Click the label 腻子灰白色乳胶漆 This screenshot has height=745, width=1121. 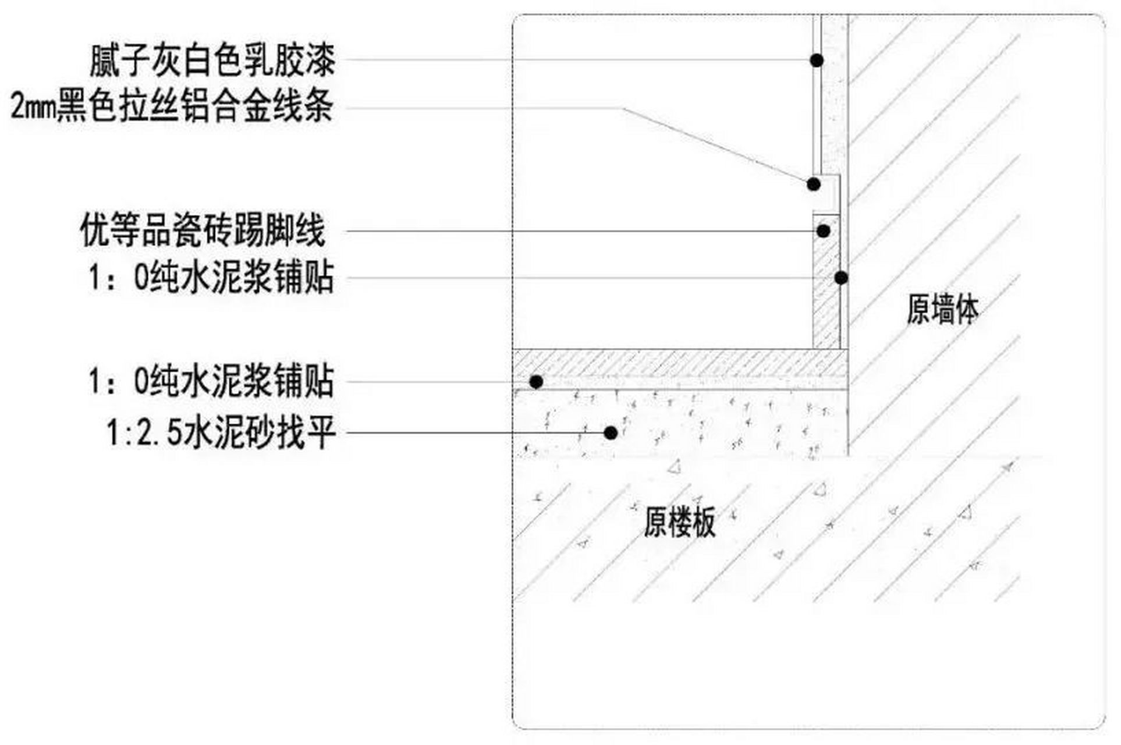(x=212, y=61)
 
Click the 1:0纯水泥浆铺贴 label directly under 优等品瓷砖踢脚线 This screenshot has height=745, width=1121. (x=211, y=278)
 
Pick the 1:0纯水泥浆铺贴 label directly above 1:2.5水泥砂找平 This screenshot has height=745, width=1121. (x=211, y=382)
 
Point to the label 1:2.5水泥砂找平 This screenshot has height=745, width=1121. (x=221, y=433)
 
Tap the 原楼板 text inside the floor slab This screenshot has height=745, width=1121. (x=679, y=522)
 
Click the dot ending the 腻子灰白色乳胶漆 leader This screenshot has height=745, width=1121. (x=817, y=59)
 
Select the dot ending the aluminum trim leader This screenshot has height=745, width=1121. (x=814, y=185)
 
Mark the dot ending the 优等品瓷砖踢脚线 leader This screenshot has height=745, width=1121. (x=823, y=231)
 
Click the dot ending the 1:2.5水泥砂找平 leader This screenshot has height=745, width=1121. (x=611, y=433)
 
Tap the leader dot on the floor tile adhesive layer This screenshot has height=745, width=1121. (x=536, y=382)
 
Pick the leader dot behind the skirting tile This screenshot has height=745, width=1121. (x=841, y=278)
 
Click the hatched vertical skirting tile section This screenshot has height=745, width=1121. (x=826, y=282)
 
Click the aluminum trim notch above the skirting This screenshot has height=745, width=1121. (x=827, y=195)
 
